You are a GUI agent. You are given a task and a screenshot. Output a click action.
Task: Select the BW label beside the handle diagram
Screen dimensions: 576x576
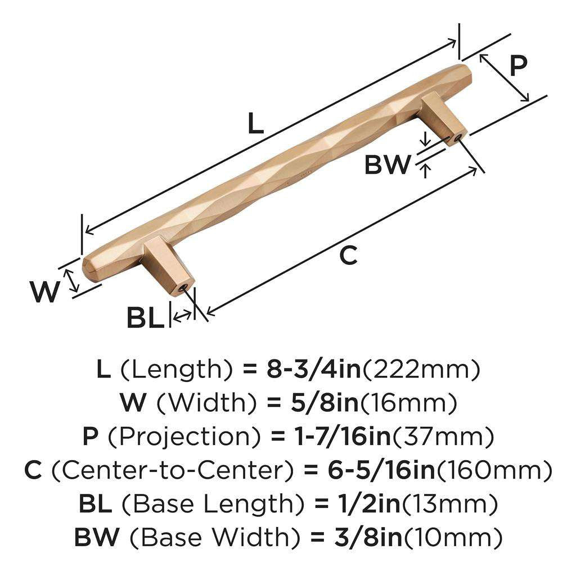(388, 165)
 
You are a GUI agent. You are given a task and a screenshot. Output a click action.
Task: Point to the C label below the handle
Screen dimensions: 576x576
(348, 255)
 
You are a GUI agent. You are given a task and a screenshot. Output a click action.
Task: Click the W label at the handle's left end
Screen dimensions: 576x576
(44, 292)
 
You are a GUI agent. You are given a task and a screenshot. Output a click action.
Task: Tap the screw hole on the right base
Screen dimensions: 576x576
(458, 137)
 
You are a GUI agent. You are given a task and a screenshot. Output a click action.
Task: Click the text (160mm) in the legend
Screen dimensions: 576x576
(494, 470)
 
